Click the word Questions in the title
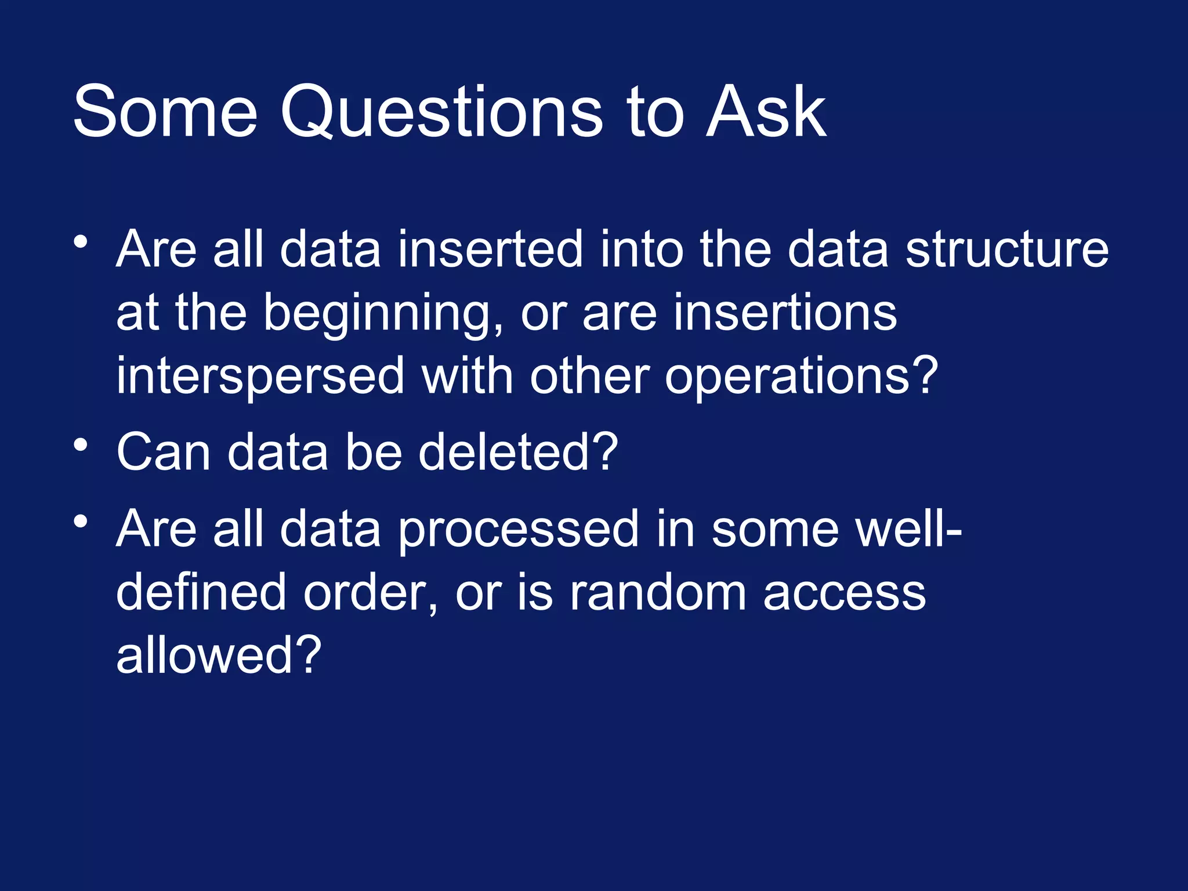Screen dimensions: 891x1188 coord(441,111)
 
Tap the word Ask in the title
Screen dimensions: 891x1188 coord(766,111)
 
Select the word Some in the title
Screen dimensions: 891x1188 coord(165,111)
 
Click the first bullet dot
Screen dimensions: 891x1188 coord(81,241)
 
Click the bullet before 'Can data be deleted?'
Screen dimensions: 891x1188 coord(81,445)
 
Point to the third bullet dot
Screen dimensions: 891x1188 coord(81,521)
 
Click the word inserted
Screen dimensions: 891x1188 coord(490,249)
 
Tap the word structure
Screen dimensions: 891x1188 coord(1007,249)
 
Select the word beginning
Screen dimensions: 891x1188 coord(383,314)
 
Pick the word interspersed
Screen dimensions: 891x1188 coord(260,377)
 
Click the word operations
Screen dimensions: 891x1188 coord(801,377)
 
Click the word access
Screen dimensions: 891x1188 coord(845,593)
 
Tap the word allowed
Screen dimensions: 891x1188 coord(218,655)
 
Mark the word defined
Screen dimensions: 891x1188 coord(201,593)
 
